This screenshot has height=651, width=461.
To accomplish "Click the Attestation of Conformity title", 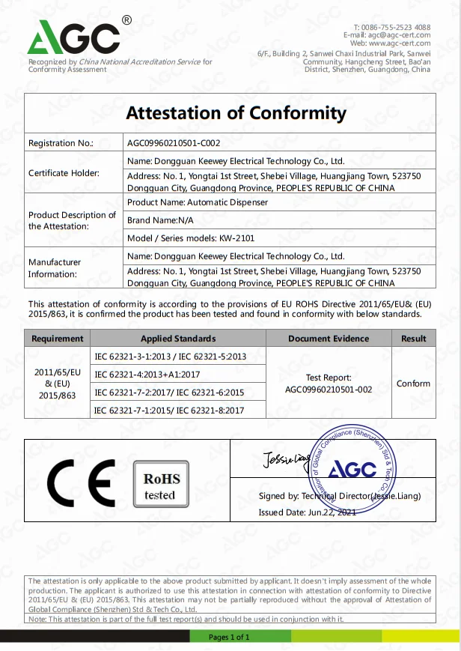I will click(236, 113).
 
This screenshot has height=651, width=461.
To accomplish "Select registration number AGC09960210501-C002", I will click(174, 142).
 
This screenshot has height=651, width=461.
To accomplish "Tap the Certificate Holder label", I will click(64, 173).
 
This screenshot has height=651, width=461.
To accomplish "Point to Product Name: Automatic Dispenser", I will click(197, 202).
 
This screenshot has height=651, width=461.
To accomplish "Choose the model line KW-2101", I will click(176, 238).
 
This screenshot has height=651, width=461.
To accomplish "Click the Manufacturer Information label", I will click(55, 268).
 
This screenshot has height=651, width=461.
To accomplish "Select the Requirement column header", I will click(58, 339).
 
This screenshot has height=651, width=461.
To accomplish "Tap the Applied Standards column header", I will click(178, 339).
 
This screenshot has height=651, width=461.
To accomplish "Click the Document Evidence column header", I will click(329, 339).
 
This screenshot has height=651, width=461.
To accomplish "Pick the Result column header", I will click(413, 339).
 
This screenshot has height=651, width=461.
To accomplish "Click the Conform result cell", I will click(413, 384).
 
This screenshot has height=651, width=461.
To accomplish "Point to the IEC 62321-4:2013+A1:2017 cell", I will click(147, 374).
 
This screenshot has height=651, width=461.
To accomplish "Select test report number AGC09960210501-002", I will click(329, 389).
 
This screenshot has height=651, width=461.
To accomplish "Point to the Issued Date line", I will click(307, 512).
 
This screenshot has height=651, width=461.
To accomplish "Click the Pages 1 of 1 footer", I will click(229, 638).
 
